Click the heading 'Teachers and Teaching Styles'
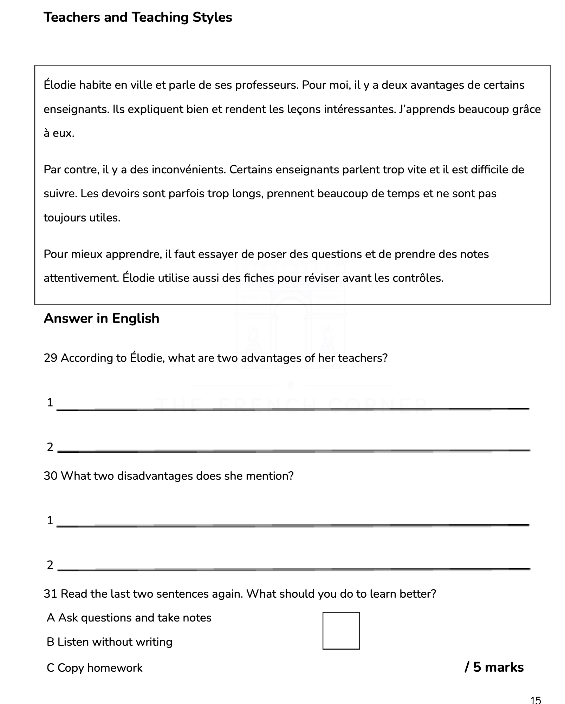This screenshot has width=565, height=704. [x=138, y=17]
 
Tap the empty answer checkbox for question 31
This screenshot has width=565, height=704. [x=340, y=631]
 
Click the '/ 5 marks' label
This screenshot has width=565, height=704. [x=494, y=667]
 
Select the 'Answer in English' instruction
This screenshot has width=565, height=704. [x=101, y=318]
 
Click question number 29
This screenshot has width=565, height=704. [x=50, y=358]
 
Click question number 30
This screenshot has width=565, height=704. [x=50, y=476]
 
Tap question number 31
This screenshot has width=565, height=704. [x=50, y=594]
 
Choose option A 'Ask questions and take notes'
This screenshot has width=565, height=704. [x=129, y=618]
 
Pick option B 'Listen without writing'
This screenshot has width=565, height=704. [x=109, y=642]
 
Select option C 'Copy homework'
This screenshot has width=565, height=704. [x=95, y=668]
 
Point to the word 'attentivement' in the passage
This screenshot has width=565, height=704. [x=81, y=278]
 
